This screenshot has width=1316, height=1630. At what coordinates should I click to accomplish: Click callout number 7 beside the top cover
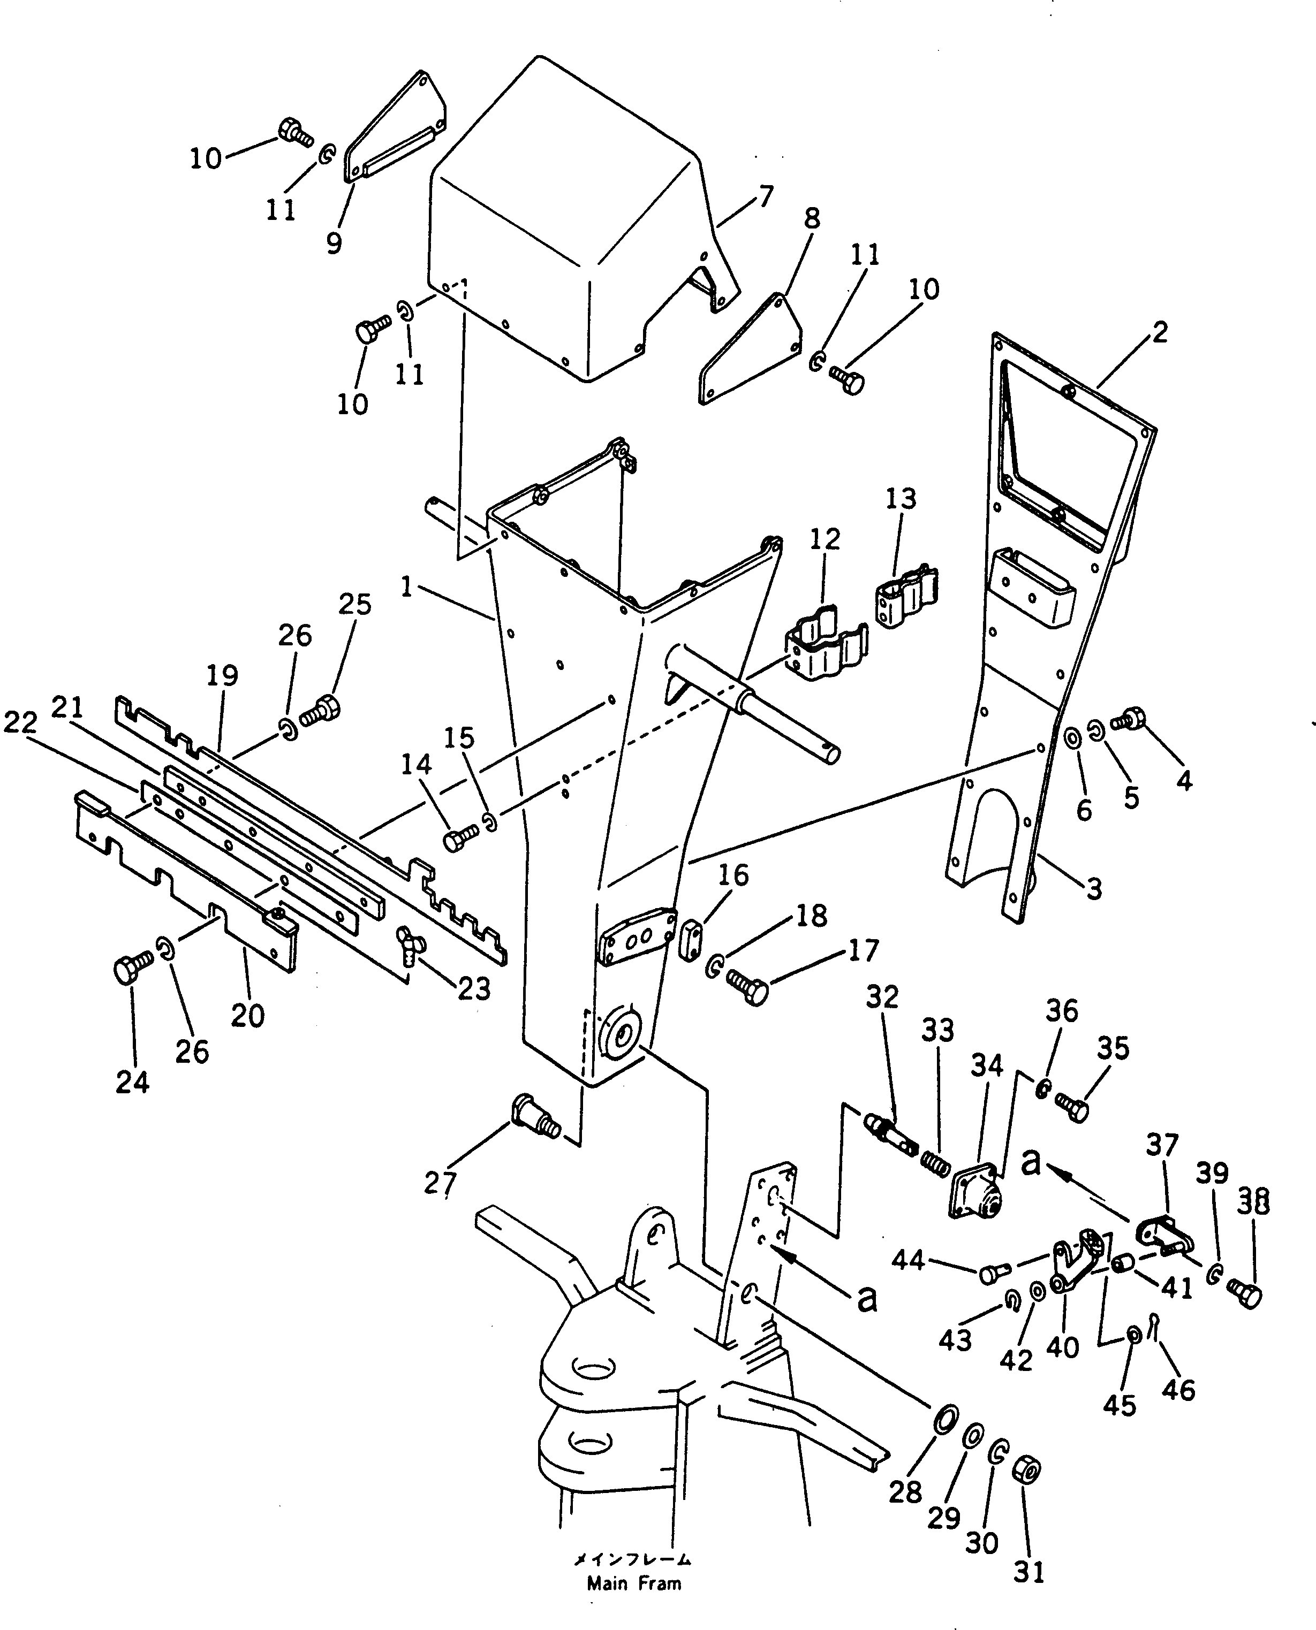(x=766, y=197)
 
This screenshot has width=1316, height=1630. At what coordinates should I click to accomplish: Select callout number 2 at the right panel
(x=1159, y=332)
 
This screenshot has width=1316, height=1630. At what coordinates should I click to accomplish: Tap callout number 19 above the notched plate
(x=222, y=675)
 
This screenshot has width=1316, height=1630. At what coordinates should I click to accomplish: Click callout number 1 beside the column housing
(x=407, y=587)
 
